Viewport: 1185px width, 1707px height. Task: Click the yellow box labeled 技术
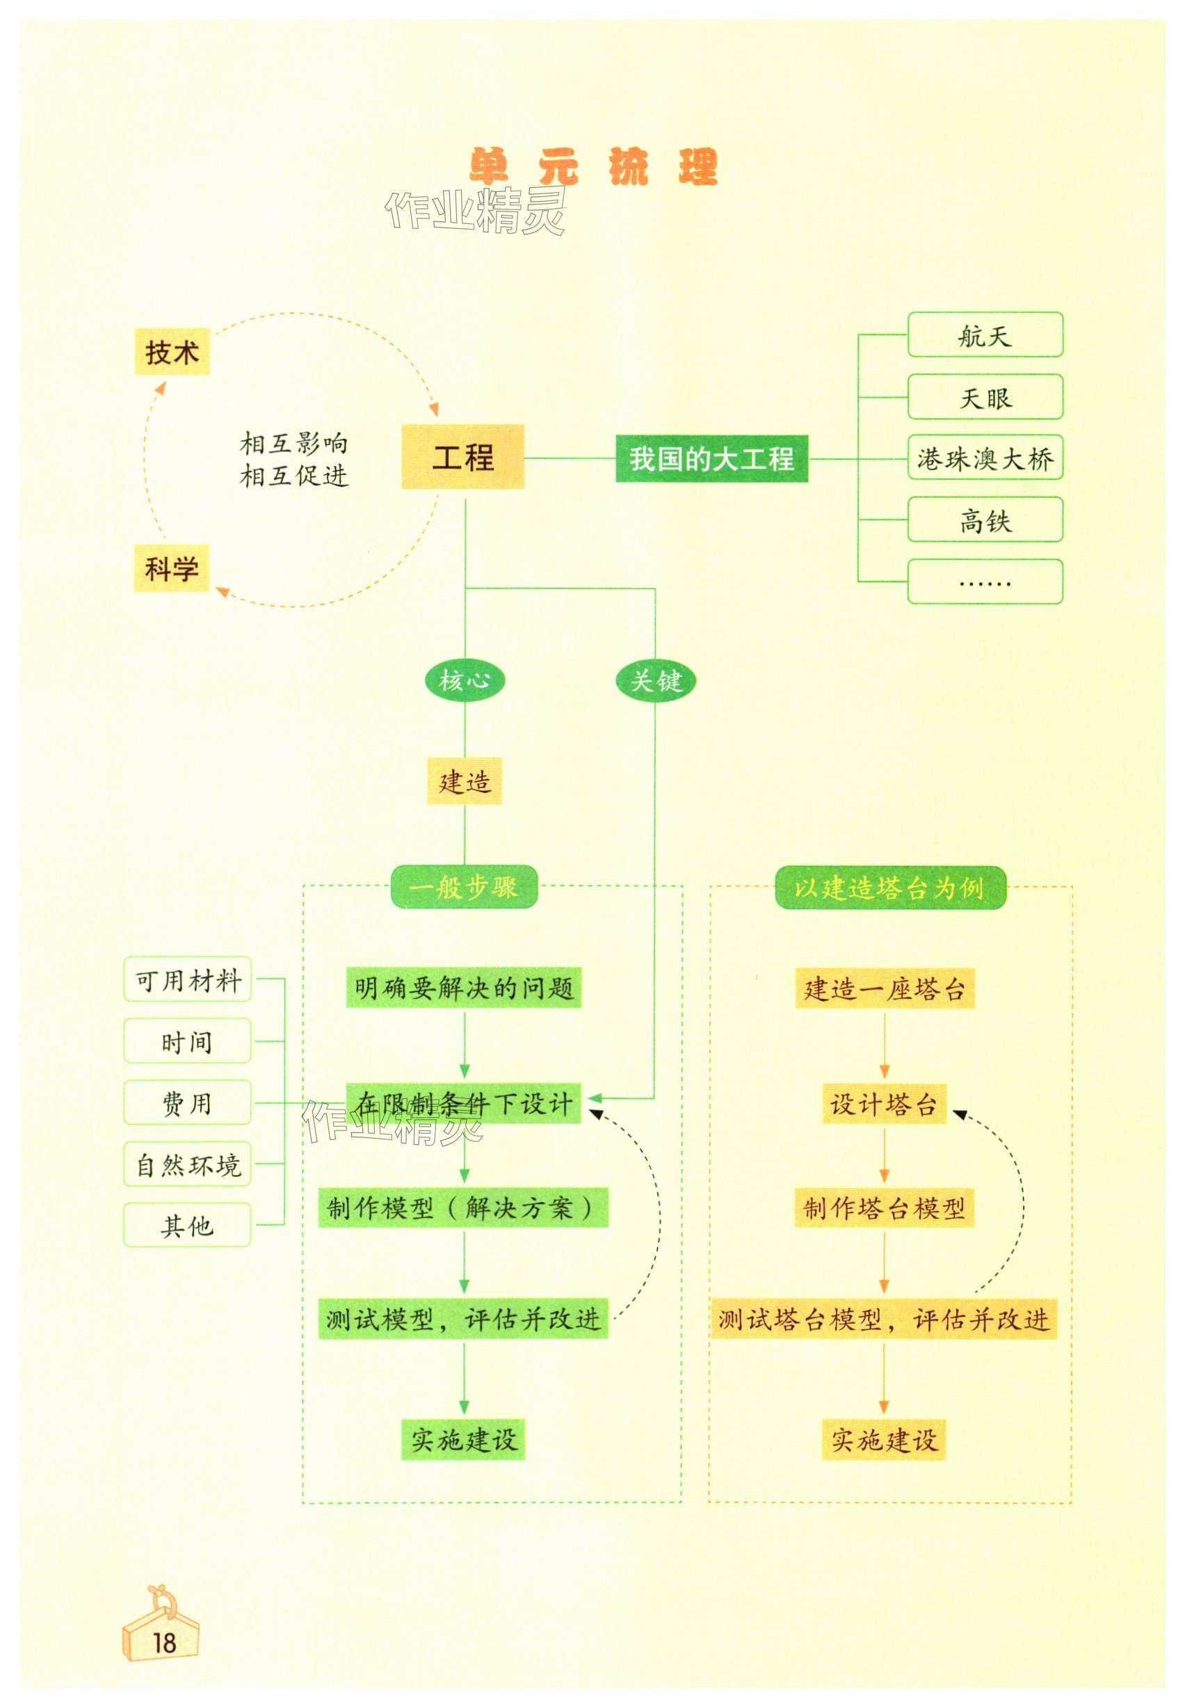[x=172, y=352]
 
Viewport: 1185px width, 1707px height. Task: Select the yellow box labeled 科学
[x=172, y=569]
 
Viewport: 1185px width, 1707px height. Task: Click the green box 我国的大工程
[x=711, y=459]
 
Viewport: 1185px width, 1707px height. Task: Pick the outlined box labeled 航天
[x=985, y=335]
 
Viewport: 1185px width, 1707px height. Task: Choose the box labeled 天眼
[x=985, y=398]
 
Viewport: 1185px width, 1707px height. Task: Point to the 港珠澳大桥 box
[x=985, y=459]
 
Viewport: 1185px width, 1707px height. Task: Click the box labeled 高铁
[x=985, y=520]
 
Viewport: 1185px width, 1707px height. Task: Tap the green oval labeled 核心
[x=465, y=680]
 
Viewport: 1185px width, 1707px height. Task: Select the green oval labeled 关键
[x=656, y=680]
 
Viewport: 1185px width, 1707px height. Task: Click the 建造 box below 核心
[x=464, y=781]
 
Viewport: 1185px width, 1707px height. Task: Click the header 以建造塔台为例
[x=889, y=888]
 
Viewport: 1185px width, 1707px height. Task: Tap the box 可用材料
[x=187, y=980]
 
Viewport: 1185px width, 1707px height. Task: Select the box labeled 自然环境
[x=187, y=1164]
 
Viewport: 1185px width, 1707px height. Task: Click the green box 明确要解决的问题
[x=463, y=988]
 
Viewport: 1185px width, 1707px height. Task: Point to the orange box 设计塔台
[x=884, y=1104]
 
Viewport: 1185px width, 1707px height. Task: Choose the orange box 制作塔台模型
[x=884, y=1208]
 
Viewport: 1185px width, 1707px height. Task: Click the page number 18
[x=164, y=1642]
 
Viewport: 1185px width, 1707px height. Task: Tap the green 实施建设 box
[x=463, y=1440]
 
